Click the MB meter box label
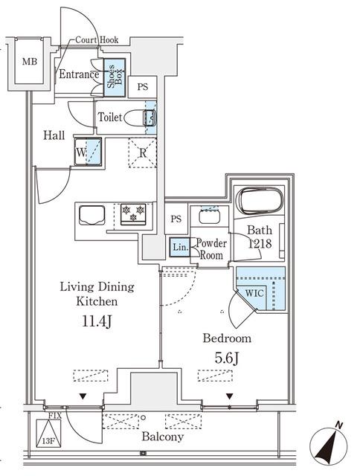click(x=30, y=62)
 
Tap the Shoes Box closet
click(x=115, y=77)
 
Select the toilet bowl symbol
click(x=141, y=118)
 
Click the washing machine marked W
click(x=88, y=152)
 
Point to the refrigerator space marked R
click(x=142, y=152)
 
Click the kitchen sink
click(x=92, y=215)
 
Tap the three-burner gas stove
click(x=133, y=214)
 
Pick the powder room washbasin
click(x=210, y=216)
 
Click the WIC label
click(x=254, y=293)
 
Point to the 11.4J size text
click(x=97, y=321)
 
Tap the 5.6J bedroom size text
click(x=227, y=358)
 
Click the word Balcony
click(x=163, y=437)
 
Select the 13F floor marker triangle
click(x=48, y=434)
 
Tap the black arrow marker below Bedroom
click(x=230, y=396)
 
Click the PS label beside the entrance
click(x=142, y=87)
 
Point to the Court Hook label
click(x=97, y=39)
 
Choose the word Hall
click(x=54, y=135)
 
